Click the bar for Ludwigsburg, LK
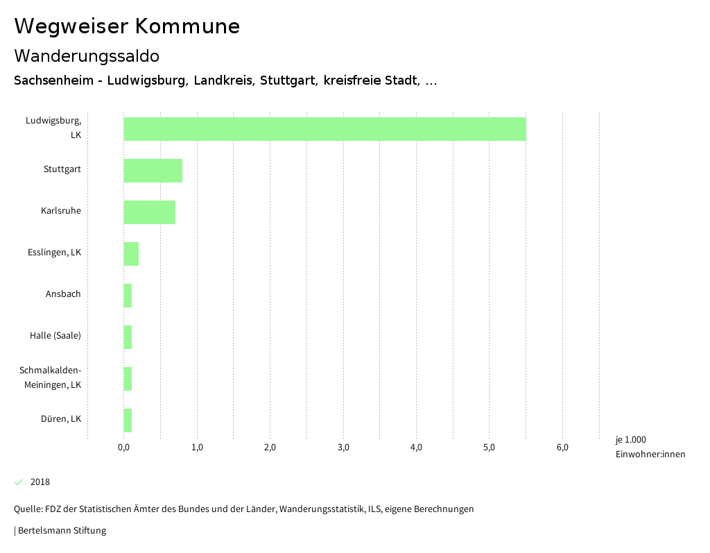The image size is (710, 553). click(x=324, y=129)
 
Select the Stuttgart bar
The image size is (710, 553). click(x=153, y=171)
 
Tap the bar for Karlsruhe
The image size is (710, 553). click(x=150, y=212)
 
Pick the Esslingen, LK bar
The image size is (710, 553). click(x=131, y=254)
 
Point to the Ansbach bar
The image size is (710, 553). click(x=128, y=296)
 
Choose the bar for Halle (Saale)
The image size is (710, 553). click(x=128, y=337)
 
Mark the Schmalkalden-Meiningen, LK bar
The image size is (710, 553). click(x=128, y=379)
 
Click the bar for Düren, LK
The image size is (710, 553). click(x=128, y=420)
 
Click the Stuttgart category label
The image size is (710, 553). click(x=62, y=169)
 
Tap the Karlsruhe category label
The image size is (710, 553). click(x=61, y=211)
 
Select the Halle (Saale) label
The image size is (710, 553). click(x=55, y=336)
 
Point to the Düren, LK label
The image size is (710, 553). click(x=61, y=419)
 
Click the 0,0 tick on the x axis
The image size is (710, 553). click(x=124, y=448)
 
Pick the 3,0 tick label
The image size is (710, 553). click(x=343, y=448)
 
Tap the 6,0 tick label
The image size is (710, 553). click(x=562, y=448)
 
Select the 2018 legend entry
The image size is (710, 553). click(x=40, y=482)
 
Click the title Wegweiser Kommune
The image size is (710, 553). click(x=127, y=26)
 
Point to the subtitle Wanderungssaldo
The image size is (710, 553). click(x=87, y=56)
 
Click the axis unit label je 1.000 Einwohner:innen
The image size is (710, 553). click(x=650, y=447)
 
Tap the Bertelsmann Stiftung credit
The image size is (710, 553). click(x=61, y=531)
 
